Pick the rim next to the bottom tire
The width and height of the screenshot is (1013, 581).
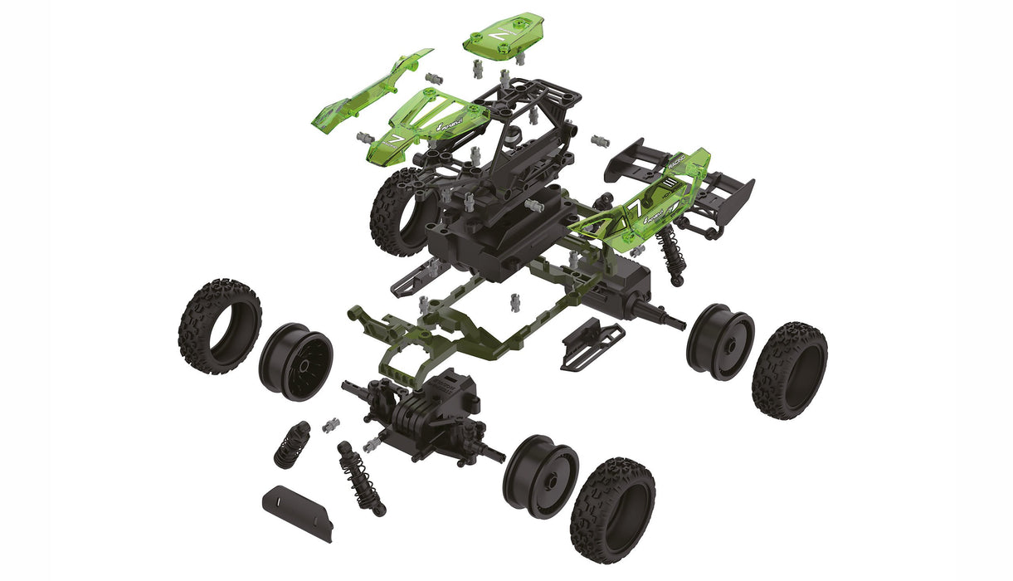[x=540, y=476]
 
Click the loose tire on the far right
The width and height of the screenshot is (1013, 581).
[x=789, y=369]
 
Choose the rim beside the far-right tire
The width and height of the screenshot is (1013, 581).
[x=720, y=340]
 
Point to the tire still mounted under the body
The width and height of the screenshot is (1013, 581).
[x=398, y=212]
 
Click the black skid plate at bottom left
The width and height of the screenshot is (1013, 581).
[x=298, y=512]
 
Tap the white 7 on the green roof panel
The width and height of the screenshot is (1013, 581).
[x=498, y=37]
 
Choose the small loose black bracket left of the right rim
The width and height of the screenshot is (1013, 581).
[x=592, y=341]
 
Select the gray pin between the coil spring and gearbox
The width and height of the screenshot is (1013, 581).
[x=330, y=425]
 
